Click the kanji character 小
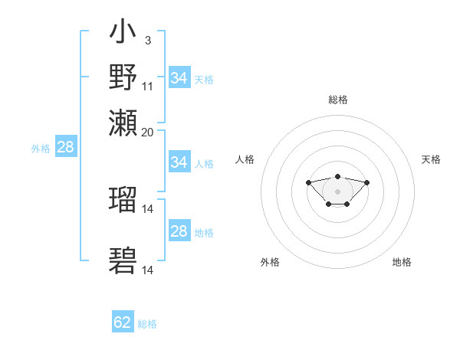pos(123,34)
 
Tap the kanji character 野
pos(123,77)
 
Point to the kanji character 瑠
pos(123,200)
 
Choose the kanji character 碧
pos(123,261)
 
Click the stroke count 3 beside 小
pos(147,41)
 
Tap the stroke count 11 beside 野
pos(147,86)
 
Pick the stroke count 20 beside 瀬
pos(147,132)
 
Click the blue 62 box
pos(123,322)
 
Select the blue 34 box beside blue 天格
pos(179,78)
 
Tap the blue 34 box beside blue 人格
pos(179,162)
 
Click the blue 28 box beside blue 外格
pos(65,148)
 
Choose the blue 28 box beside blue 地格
pos(179,231)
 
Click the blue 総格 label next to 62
pos(147,324)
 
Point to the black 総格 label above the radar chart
pos(337,100)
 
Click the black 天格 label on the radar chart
pos(431,159)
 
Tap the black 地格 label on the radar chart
pos(402,262)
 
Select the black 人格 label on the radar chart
pos(245,159)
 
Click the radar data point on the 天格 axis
pos(367,182)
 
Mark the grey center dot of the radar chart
pos(337,191)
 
